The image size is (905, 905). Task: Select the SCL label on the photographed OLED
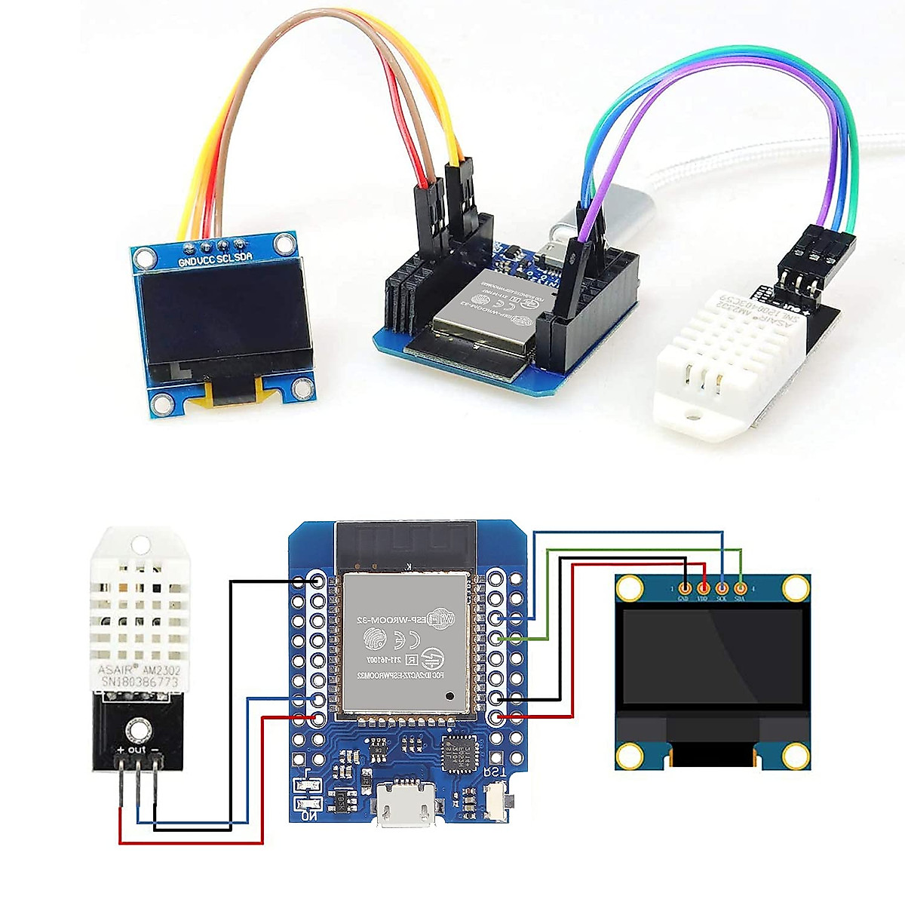(x=225, y=260)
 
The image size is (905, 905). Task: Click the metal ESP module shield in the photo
(x=483, y=308)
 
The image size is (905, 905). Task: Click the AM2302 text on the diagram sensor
(x=161, y=670)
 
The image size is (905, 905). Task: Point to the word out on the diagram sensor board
(x=136, y=750)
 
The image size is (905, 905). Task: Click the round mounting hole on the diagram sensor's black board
(x=137, y=729)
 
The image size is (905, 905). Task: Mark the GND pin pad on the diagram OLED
(x=685, y=587)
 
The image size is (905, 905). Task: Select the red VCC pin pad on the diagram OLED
(x=704, y=587)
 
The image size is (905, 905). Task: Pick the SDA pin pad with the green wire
(x=741, y=587)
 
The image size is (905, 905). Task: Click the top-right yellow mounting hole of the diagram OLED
(x=795, y=587)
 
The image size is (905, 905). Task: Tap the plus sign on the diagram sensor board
(x=119, y=750)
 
